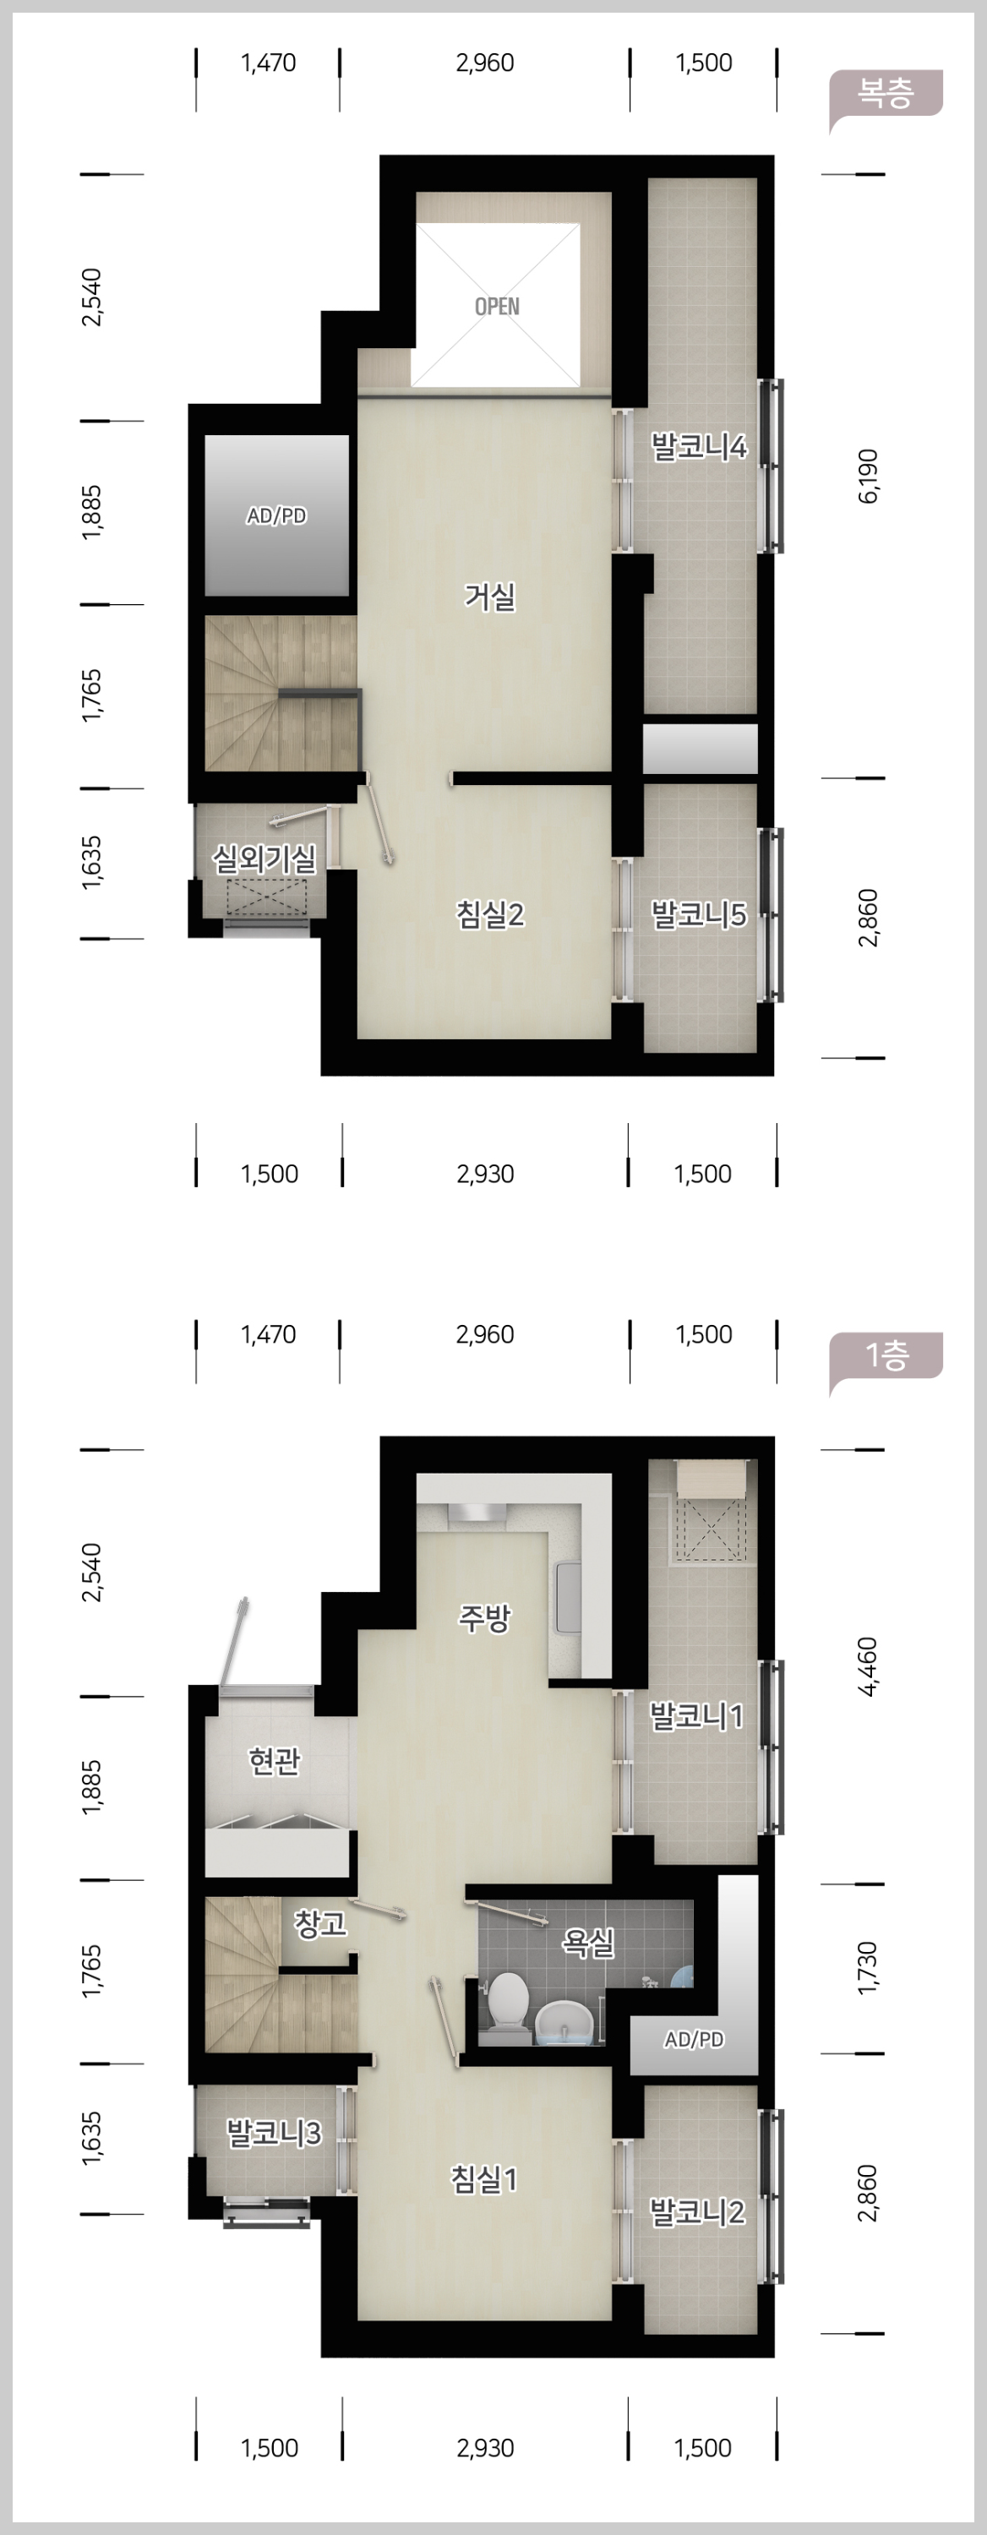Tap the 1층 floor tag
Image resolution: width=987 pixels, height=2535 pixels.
[886, 1356]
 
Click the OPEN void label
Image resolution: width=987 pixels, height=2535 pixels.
[497, 306]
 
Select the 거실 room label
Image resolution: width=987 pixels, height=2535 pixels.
[490, 596]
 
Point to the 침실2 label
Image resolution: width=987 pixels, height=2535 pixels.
[490, 914]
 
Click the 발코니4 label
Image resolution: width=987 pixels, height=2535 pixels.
[699, 447]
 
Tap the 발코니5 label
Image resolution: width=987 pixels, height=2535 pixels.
[699, 914]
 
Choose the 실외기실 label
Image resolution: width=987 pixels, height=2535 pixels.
[264, 859]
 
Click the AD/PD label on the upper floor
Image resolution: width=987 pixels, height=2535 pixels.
[276, 515]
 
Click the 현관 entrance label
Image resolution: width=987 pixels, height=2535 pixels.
[275, 1760]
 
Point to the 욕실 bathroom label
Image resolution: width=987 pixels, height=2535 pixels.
[588, 1942]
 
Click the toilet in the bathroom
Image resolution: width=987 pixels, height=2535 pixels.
[508, 2003]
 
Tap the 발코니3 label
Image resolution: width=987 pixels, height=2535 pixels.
[274, 2133]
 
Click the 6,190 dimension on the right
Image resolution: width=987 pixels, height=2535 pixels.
[869, 477]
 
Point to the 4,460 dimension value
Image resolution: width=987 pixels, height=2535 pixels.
[869, 1667]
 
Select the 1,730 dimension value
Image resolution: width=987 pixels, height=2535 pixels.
[869, 1968]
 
